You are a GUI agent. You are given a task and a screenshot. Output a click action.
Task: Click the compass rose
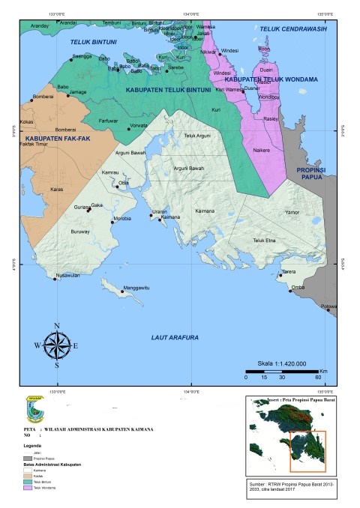pyautogui.click(x=56, y=345)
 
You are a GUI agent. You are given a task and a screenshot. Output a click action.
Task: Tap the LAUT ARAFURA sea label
pyautogui.click(x=174, y=338)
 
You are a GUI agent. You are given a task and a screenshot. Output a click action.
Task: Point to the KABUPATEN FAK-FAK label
pyautogui.click(x=52, y=139)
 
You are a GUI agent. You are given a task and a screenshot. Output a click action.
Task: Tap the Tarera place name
pyautogui.click(x=289, y=271)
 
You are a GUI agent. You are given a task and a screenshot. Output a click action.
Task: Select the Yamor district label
pyautogui.click(x=292, y=213)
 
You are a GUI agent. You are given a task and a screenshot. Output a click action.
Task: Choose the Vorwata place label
pyautogui.click(x=139, y=125)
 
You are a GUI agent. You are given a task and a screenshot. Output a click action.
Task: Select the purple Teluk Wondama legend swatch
pyautogui.click(x=28, y=487)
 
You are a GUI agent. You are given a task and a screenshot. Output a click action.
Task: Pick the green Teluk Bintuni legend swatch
pyautogui.click(x=28, y=482)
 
